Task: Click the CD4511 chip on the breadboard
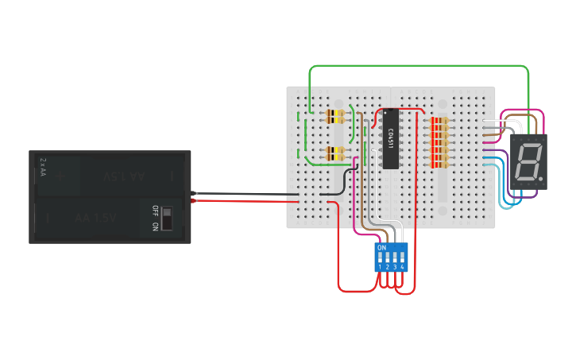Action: pyautogui.click(x=390, y=140)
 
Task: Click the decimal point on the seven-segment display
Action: pyautogui.click(x=540, y=177)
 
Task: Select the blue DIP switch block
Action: pyautogui.click(x=391, y=257)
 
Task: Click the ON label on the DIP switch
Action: pyautogui.click(x=382, y=248)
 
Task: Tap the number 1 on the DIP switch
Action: pyautogui.click(x=380, y=268)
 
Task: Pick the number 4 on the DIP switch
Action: pyautogui.click(x=403, y=268)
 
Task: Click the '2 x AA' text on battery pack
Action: pyautogui.click(x=43, y=165)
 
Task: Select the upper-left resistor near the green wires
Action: pyautogui.click(x=337, y=117)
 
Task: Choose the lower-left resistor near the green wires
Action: pyautogui.click(x=337, y=153)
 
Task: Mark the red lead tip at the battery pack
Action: pyautogui.click(x=194, y=200)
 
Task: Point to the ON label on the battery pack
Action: pyautogui.click(x=156, y=226)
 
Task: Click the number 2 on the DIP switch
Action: pyautogui.click(x=388, y=268)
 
